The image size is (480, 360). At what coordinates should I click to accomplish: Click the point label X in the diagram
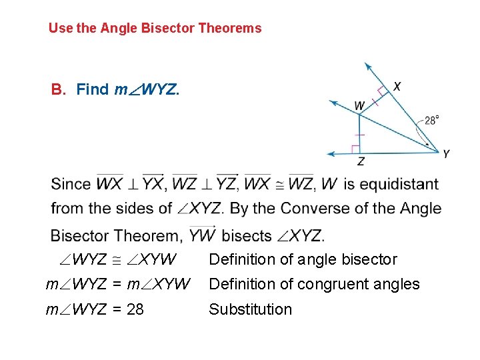(397, 86)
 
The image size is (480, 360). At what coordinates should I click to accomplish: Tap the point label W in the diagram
(359, 105)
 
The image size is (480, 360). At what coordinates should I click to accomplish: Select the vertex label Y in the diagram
(446, 154)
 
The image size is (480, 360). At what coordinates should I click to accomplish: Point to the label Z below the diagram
(361, 162)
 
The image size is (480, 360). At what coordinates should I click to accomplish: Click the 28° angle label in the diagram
(431, 121)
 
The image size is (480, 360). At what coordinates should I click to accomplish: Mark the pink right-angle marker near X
(382, 91)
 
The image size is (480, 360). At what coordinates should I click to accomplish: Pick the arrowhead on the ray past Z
(330, 153)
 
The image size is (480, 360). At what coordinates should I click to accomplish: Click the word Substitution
(250, 309)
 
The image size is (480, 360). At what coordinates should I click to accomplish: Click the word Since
(71, 184)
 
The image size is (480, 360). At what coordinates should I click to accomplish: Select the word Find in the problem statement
(93, 89)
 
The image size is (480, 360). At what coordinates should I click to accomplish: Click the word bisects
(247, 235)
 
